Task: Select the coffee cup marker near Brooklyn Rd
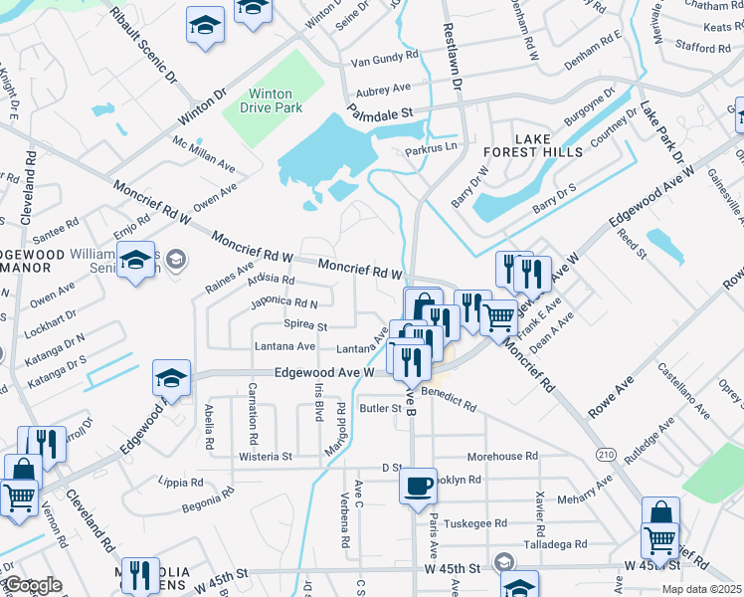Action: [419, 487]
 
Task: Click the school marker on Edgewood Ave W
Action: [171, 379]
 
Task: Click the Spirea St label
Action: [305, 325]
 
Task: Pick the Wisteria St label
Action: [266, 457]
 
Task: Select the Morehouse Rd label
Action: [502, 456]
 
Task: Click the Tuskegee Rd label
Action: [475, 522]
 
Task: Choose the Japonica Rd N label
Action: [286, 301]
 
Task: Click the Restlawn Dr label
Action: [453, 58]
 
